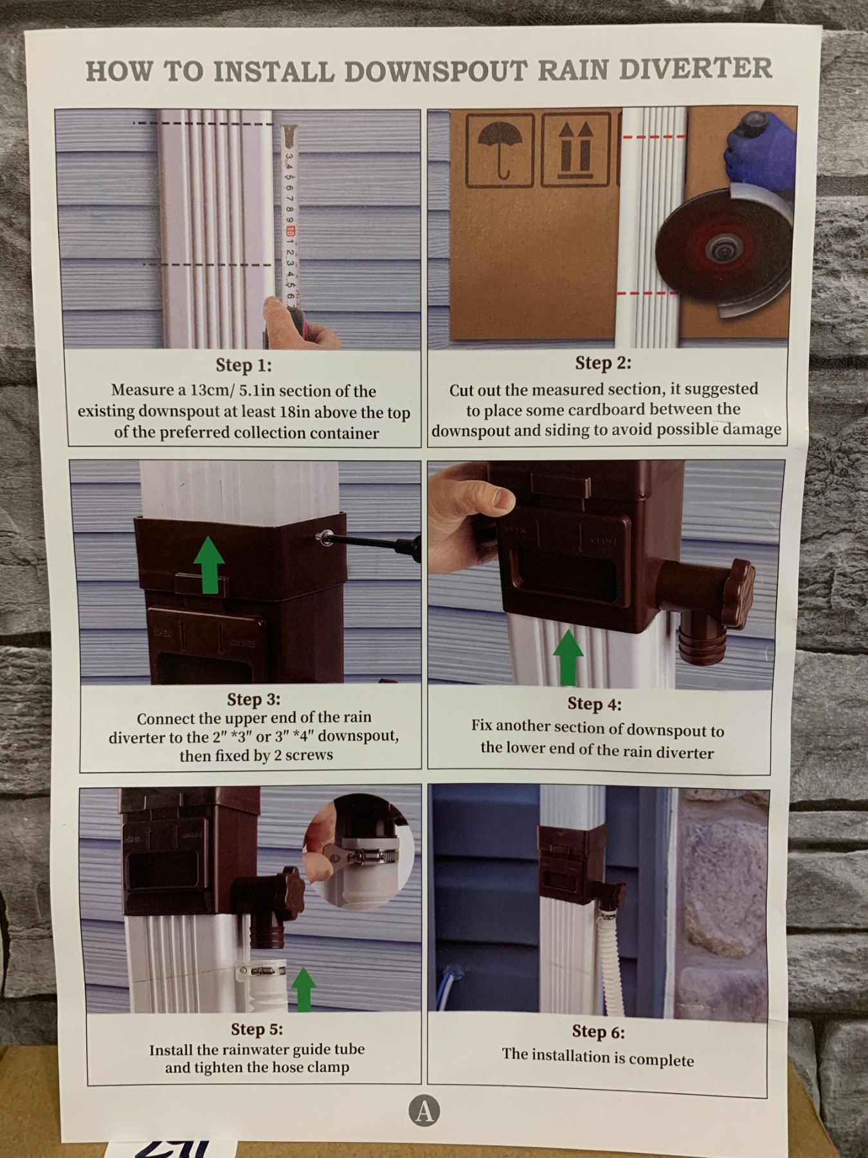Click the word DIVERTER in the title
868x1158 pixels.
pos(696,68)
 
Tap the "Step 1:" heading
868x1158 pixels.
pos(244,365)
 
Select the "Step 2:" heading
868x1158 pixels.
pos(603,363)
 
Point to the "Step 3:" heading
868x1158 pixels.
pos(253,699)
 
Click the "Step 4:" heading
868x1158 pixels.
pos(594,704)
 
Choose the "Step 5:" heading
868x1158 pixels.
pos(257,1029)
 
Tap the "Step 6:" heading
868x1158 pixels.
pos(598,1032)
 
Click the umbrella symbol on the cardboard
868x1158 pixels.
pos(500,150)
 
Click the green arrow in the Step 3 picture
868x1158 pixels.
pos(210,564)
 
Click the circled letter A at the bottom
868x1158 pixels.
pos(424,1111)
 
